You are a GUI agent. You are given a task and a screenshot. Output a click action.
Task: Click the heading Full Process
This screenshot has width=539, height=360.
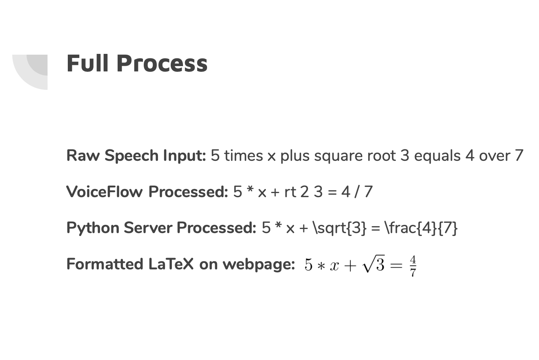pyautogui.click(x=137, y=64)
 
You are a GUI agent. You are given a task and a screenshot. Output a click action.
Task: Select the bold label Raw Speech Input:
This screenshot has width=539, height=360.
pyautogui.click(x=136, y=156)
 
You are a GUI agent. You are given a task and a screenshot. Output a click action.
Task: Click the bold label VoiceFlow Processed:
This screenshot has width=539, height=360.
pyautogui.click(x=147, y=191)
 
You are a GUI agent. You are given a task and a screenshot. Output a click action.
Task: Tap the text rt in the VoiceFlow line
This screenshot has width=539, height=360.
pyautogui.click(x=290, y=191)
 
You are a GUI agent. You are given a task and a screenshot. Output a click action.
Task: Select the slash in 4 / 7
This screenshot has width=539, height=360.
pyautogui.click(x=357, y=191)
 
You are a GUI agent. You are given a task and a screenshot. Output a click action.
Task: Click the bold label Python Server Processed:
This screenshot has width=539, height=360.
pyautogui.click(x=161, y=228)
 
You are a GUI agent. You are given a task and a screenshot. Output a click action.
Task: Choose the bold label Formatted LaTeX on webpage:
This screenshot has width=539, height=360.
pyautogui.click(x=180, y=264)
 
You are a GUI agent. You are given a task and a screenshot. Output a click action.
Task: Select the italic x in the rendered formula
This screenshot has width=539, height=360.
pyautogui.click(x=334, y=266)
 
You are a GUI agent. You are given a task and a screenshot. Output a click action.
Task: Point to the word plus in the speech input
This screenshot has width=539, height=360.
pyautogui.click(x=295, y=156)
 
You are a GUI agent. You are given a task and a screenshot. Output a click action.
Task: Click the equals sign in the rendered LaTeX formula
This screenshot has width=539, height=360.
pyautogui.click(x=396, y=266)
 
